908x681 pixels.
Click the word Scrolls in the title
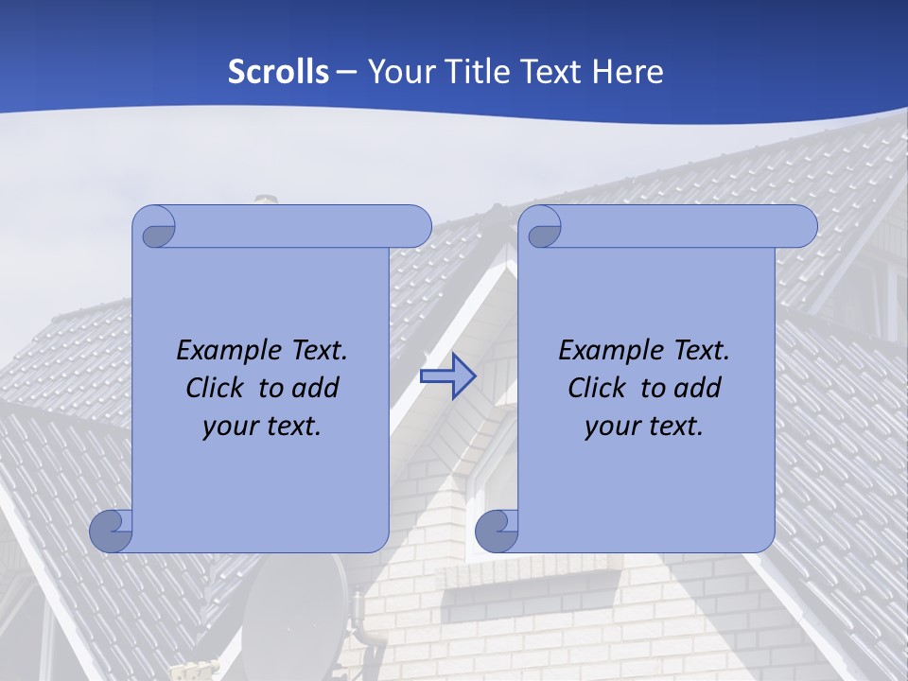tap(278, 72)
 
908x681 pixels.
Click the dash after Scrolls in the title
tap(346, 73)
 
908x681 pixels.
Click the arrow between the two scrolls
tap(447, 376)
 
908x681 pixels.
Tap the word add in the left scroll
tap(317, 388)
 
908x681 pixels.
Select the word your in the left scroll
tap(228, 427)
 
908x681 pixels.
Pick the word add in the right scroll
tap(699, 388)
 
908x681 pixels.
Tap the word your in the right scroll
tap(610, 427)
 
